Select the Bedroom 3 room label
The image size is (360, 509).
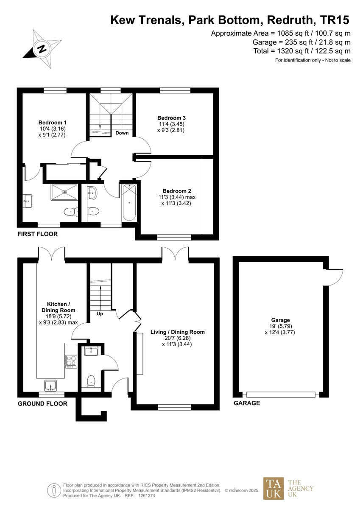171,117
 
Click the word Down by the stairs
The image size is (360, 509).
122,133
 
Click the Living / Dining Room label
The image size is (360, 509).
177,332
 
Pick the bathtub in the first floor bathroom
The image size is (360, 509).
129,202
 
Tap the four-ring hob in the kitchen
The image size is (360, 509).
70,361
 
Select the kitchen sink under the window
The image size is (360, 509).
50,386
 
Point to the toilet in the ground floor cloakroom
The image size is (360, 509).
90,381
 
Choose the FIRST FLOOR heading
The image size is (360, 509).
37,234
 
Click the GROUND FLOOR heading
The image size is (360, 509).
42,404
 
